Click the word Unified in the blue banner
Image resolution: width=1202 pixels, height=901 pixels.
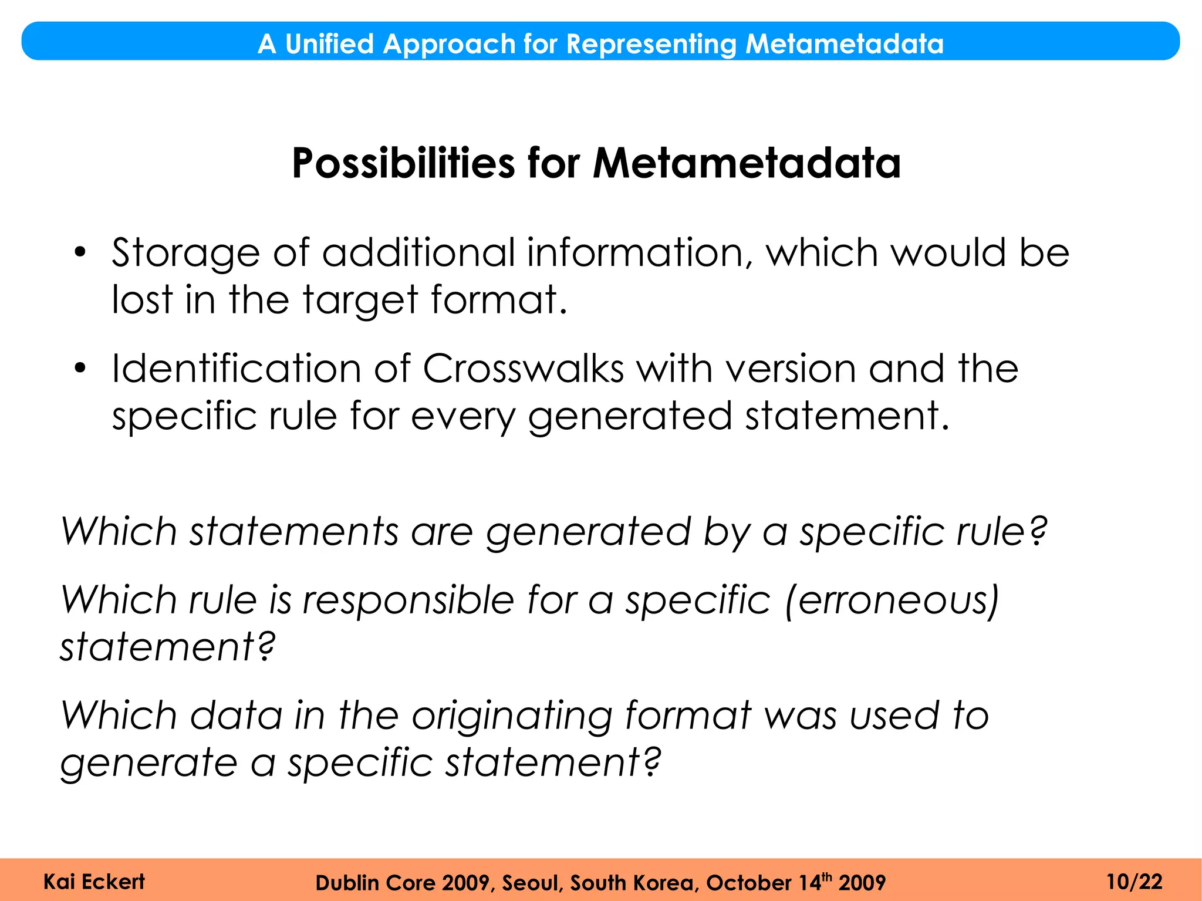pyautogui.click(x=329, y=44)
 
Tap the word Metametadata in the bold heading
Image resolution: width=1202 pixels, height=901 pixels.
pyautogui.click(x=747, y=163)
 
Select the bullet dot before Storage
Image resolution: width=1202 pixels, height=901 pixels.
pyautogui.click(x=80, y=253)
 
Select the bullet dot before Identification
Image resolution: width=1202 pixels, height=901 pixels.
pyautogui.click(x=80, y=369)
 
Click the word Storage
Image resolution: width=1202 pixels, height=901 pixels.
pyautogui.click(x=185, y=254)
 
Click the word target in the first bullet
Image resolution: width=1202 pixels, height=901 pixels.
pyautogui.click(x=359, y=300)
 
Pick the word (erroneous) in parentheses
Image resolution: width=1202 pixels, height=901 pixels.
pyautogui.click(x=892, y=600)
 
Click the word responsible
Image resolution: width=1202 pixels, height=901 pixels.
pyautogui.click(x=408, y=600)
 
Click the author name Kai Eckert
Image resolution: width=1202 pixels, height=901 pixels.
pyautogui.click(x=94, y=882)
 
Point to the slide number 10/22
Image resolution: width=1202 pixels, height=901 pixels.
pyautogui.click(x=1134, y=882)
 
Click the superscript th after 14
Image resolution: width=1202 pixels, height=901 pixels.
pyautogui.click(x=826, y=877)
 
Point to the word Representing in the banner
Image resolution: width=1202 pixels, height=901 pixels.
pyautogui.click(x=651, y=44)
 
